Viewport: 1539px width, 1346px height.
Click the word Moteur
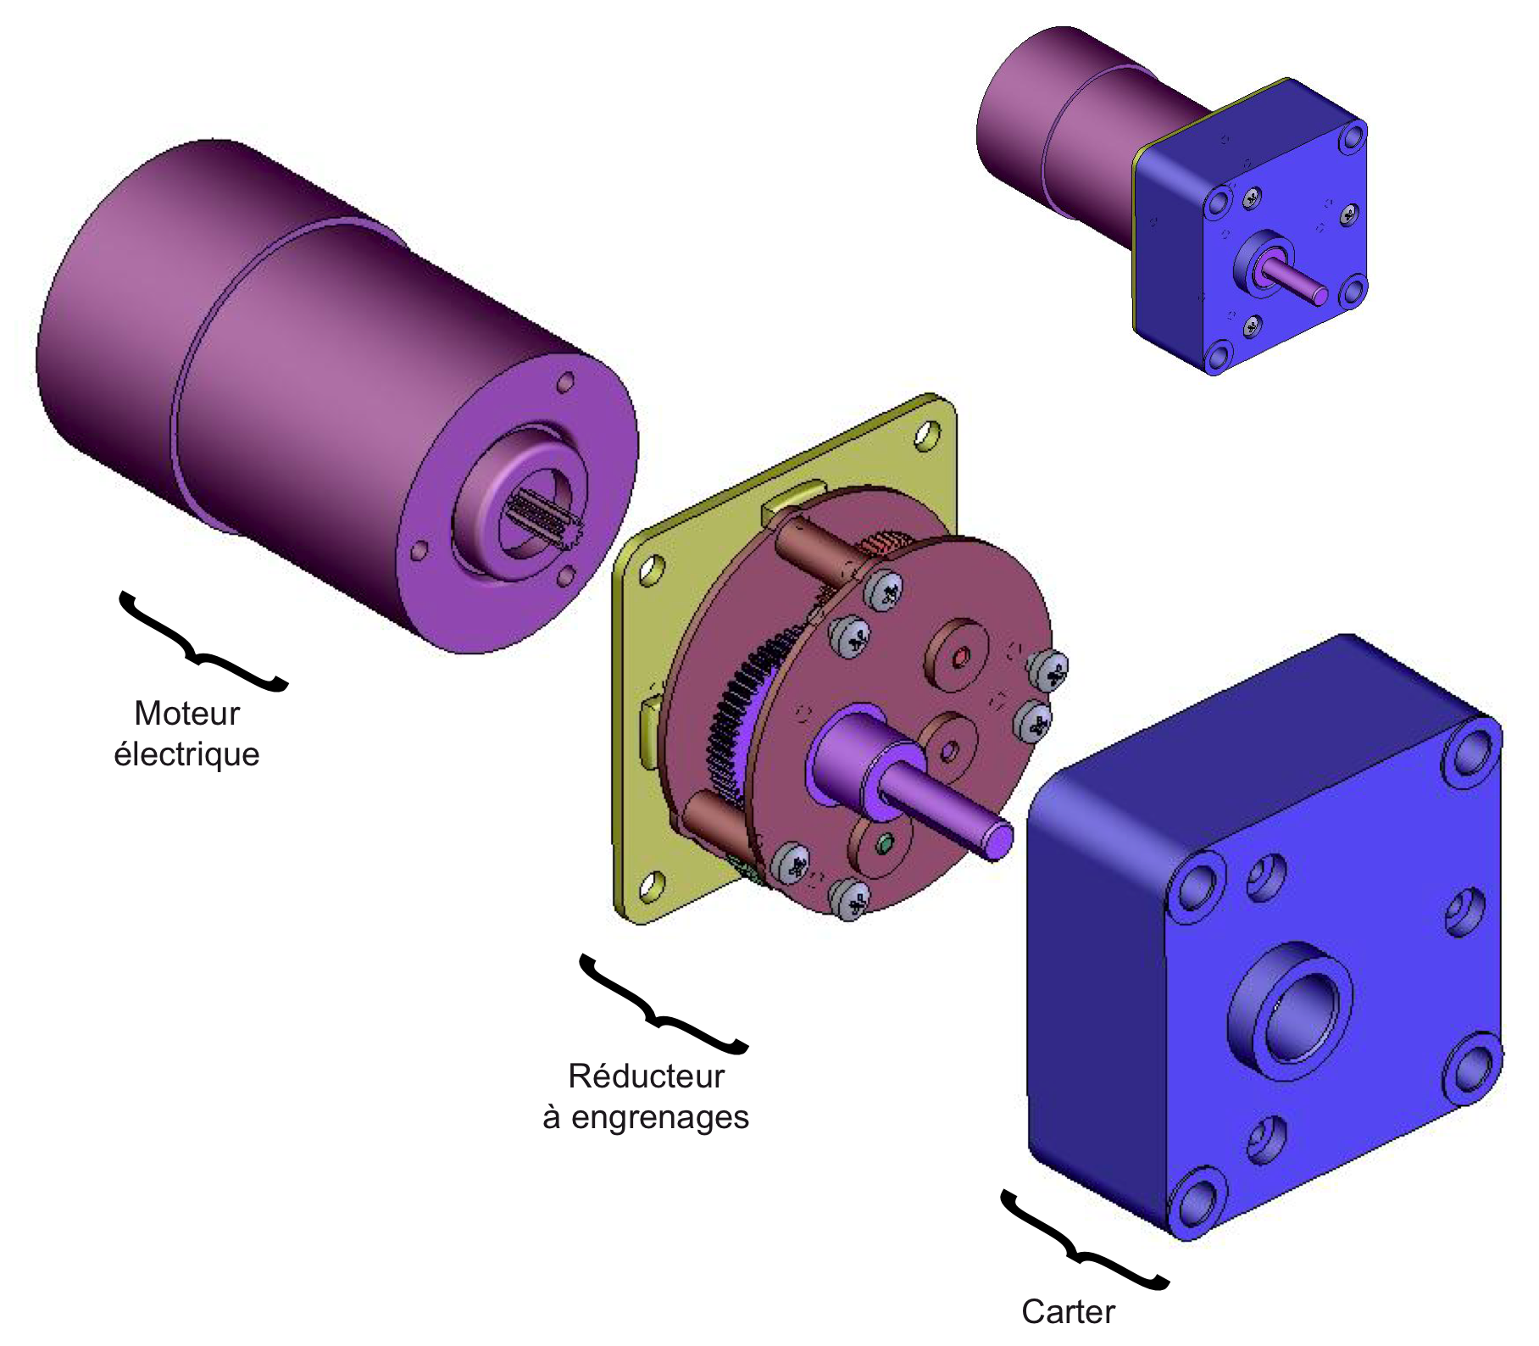click(x=186, y=714)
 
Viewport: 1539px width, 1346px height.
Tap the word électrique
click(x=186, y=754)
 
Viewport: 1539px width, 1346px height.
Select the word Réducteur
click(x=646, y=1076)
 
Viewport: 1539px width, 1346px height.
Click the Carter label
click(x=1068, y=1312)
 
